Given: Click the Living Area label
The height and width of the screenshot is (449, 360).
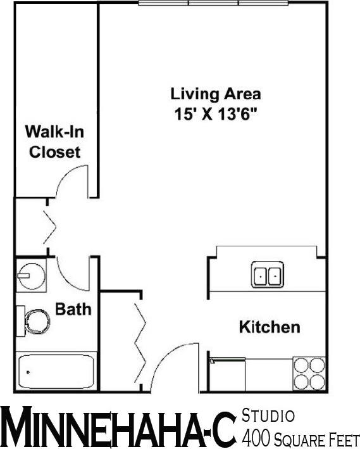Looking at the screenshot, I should (x=215, y=94).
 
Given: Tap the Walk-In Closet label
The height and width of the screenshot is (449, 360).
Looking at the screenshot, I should (x=53, y=142).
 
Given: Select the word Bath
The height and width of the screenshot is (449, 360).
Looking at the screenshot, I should (x=73, y=310).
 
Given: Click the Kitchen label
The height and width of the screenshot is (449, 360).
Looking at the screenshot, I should (x=269, y=327).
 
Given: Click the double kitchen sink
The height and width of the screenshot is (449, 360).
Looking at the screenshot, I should (x=268, y=276).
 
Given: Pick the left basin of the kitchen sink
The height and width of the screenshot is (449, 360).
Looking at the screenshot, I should (x=261, y=276).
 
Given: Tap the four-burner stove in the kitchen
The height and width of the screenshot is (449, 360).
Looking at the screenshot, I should (x=310, y=372).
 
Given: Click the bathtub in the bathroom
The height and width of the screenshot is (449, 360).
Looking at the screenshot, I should (x=56, y=372).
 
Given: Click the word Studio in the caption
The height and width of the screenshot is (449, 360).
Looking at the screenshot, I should (x=268, y=416).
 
